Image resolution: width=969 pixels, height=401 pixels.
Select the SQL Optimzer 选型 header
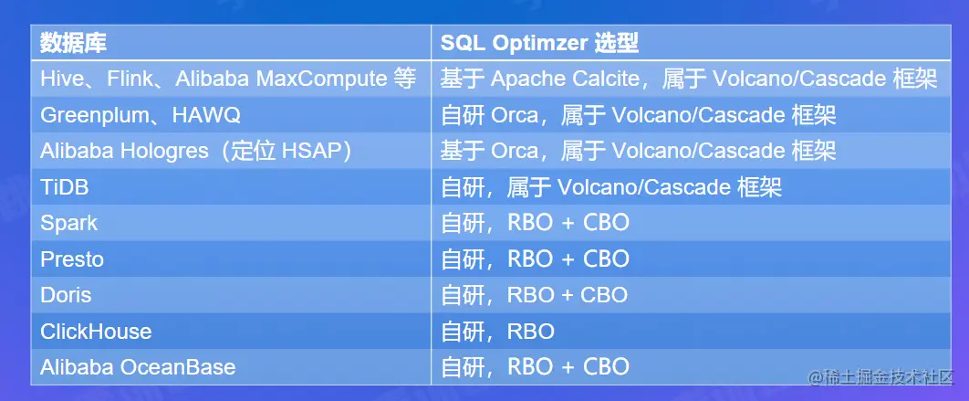pos(539,43)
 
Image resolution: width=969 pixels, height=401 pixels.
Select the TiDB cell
pos(64,187)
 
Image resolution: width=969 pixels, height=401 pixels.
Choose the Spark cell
pos(68,224)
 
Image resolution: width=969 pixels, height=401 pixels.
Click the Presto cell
pos(72,259)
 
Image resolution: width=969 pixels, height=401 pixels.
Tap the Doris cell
pos(66,295)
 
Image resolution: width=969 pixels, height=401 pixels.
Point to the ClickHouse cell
pos(96,331)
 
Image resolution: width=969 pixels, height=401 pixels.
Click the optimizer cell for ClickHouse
pos(497,332)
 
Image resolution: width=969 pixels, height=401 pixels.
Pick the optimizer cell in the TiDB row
pos(611,187)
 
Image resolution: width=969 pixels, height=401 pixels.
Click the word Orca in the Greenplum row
pos(515,115)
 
